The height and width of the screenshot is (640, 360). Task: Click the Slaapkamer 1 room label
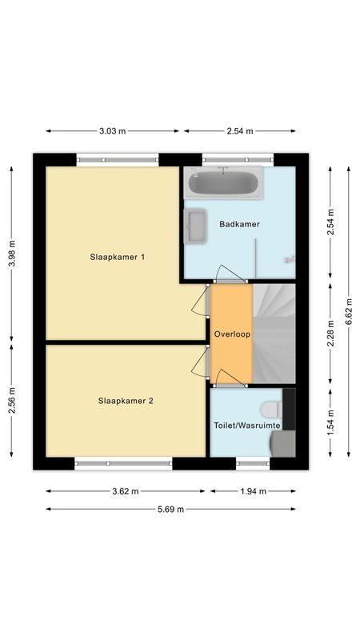click(120, 257)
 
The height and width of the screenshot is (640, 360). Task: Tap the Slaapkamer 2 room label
click(126, 401)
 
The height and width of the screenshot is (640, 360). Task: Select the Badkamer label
click(239, 224)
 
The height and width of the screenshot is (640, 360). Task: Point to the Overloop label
click(232, 334)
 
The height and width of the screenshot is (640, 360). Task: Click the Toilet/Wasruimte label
click(246, 426)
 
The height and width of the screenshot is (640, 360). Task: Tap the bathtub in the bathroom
click(223, 184)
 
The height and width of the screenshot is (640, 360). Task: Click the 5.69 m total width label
click(170, 509)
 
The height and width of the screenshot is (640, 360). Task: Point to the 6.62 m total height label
click(348, 312)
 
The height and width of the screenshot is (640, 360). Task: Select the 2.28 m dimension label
click(331, 334)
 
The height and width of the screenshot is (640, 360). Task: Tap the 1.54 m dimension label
click(331, 421)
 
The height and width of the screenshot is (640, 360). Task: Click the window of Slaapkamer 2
click(124, 462)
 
